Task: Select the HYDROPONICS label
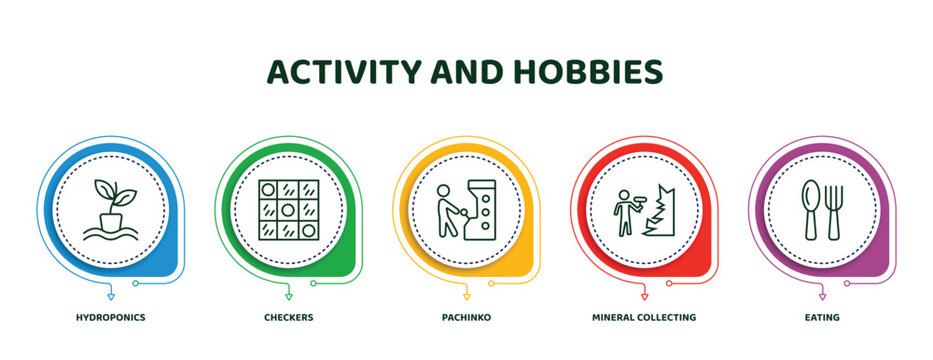pyautogui.click(x=110, y=317)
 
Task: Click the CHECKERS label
pyautogui.click(x=289, y=317)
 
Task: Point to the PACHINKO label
pyautogui.click(x=467, y=317)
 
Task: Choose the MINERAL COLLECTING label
pyautogui.click(x=644, y=317)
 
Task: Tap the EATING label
pyautogui.click(x=822, y=317)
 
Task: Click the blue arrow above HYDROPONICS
pyautogui.click(x=110, y=297)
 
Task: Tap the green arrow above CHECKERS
pyautogui.click(x=289, y=297)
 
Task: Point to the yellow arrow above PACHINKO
pyautogui.click(x=467, y=297)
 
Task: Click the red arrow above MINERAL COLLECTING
pyautogui.click(x=644, y=297)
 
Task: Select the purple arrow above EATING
pyautogui.click(x=822, y=297)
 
